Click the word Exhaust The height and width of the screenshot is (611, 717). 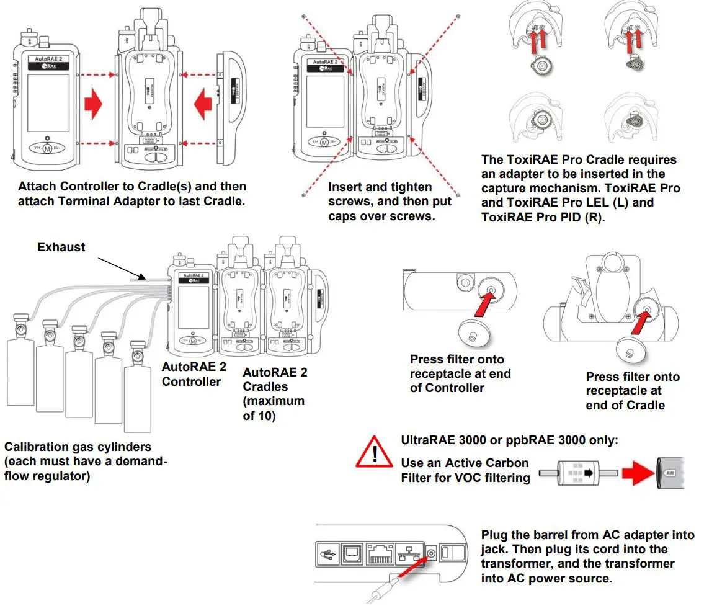[61, 247]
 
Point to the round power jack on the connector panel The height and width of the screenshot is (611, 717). [429, 550]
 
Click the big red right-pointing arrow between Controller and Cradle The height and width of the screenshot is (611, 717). [92, 103]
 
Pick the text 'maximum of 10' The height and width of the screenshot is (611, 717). [273, 408]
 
